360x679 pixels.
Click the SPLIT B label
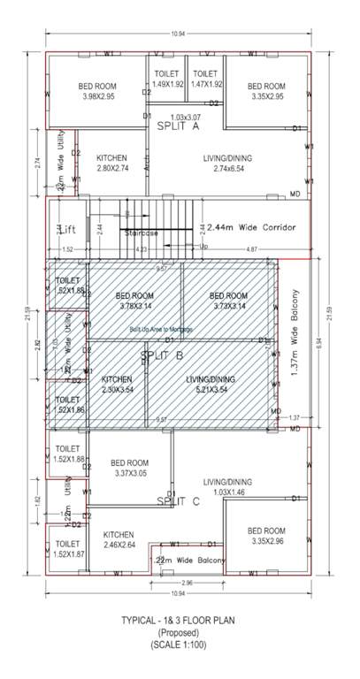(162, 355)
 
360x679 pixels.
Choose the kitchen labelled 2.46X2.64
(118, 540)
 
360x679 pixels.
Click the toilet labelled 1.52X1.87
(67, 548)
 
